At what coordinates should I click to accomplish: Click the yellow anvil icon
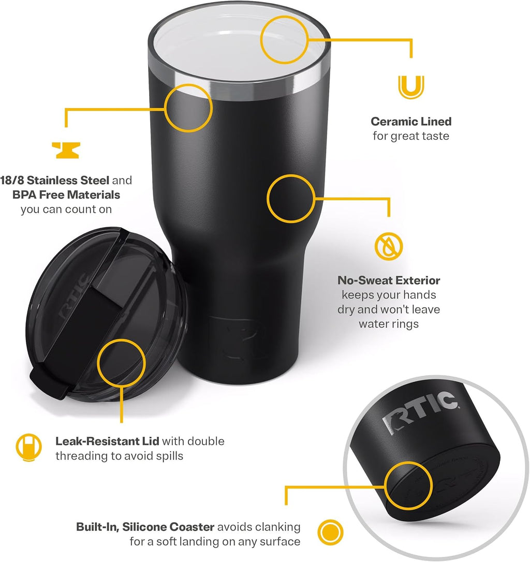(x=66, y=151)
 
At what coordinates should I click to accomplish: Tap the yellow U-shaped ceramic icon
(x=411, y=86)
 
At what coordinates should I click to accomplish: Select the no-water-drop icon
(x=389, y=246)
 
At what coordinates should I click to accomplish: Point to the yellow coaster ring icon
(x=331, y=533)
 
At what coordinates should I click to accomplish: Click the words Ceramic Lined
(x=411, y=122)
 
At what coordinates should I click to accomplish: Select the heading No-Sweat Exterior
(x=389, y=280)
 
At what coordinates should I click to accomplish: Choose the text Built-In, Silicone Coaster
(x=145, y=527)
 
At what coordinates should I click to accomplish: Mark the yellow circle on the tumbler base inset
(x=409, y=485)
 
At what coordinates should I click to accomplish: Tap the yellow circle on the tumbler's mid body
(x=291, y=199)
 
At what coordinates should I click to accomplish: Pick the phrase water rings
(x=389, y=324)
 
